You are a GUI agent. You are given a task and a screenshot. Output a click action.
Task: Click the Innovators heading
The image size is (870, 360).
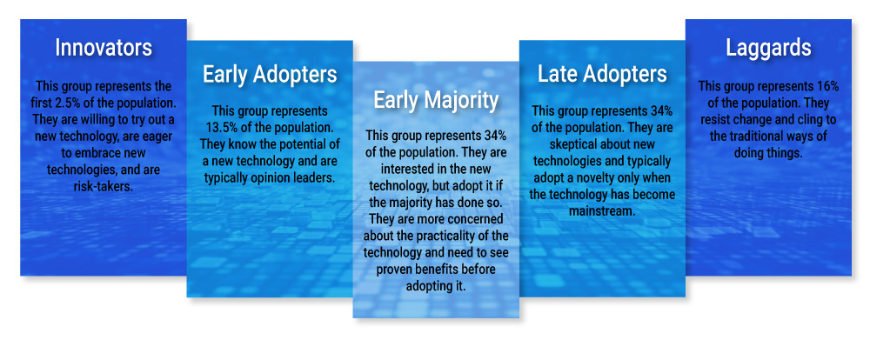[x=104, y=48]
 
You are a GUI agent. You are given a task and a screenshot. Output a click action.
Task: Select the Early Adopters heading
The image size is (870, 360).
[x=270, y=74]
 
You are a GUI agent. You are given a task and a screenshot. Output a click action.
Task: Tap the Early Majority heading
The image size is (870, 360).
[x=436, y=100]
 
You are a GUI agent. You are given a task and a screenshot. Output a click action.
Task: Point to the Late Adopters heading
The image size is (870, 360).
[x=603, y=74]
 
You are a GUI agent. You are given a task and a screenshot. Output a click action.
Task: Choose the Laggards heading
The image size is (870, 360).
[x=768, y=48]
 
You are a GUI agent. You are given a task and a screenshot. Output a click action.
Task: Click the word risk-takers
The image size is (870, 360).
[x=104, y=186]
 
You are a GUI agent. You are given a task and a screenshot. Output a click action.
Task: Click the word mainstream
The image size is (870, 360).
[x=602, y=212]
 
